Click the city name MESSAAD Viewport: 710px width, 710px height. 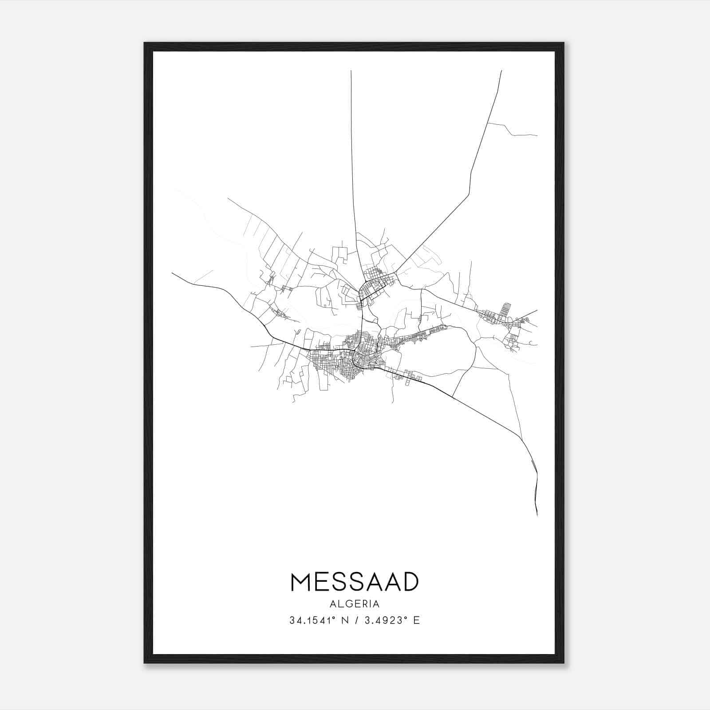[x=355, y=582]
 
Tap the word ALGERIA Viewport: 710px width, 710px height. [x=355, y=604]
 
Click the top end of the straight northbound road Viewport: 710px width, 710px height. [x=351, y=71]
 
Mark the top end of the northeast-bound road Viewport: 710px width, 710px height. [x=501, y=71]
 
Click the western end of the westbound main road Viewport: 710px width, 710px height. [x=172, y=273]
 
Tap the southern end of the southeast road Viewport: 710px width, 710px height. [x=537, y=515]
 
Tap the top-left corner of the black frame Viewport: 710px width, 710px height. [x=145, y=43]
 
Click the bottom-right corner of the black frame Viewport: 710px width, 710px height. [x=563, y=662]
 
